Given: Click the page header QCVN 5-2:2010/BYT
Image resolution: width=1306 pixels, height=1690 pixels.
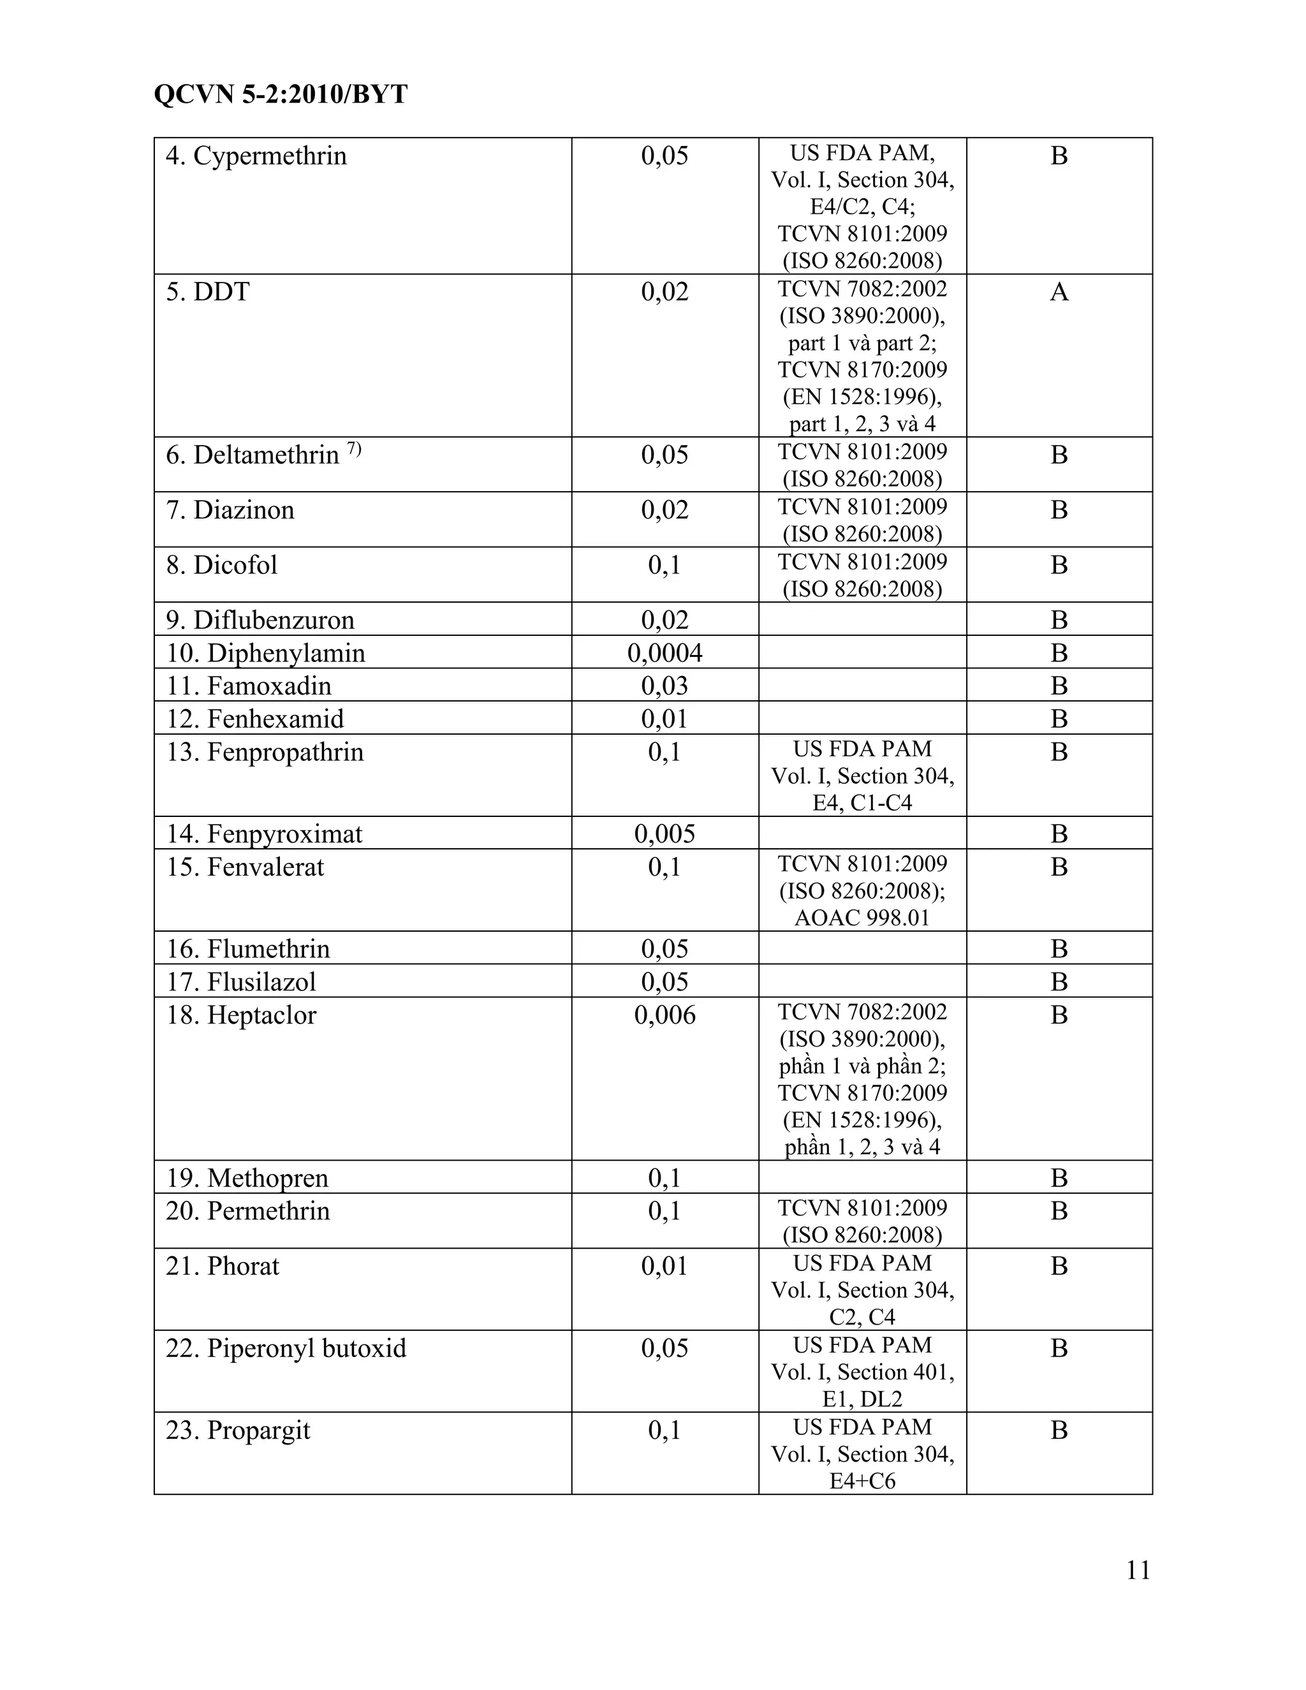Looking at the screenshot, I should [x=280, y=94].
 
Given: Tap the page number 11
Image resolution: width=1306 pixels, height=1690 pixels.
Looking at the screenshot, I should [x=1138, y=1570].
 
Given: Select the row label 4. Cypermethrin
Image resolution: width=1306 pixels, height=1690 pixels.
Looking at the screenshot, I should [x=256, y=156].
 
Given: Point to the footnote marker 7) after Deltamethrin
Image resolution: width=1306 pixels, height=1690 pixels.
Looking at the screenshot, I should [x=353, y=449].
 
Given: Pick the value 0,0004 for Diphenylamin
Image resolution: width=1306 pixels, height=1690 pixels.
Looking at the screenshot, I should [x=664, y=653].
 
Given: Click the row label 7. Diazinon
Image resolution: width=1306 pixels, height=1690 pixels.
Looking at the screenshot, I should [x=230, y=510].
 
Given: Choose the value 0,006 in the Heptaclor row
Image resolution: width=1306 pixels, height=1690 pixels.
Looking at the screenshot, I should [x=664, y=1015].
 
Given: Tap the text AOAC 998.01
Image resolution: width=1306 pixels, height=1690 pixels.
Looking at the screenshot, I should [x=862, y=918].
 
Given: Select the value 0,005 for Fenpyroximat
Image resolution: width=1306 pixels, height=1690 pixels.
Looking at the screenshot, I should [x=664, y=834].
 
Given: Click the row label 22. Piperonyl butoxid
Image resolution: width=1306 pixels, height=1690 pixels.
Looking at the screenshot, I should [x=286, y=1348].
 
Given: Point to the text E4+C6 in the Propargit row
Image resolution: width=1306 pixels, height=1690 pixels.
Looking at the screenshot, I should [x=862, y=1481].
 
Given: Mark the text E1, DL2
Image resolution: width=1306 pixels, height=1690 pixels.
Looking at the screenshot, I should [x=862, y=1399].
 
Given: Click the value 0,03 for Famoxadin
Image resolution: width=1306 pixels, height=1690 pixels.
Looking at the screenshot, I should [x=664, y=686].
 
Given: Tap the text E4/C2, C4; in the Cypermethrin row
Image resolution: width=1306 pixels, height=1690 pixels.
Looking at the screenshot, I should [x=862, y=207].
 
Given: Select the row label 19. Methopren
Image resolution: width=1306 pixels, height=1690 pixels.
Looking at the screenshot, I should [x=247, y=1178].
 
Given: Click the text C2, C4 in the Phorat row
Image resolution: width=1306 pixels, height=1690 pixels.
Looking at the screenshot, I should [x=862, y=1317].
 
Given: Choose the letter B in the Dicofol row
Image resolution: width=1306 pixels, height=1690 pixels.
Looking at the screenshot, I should [x=1059, y=565].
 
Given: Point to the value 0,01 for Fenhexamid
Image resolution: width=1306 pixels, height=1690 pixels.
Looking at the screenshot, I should [x=664, y=719].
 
